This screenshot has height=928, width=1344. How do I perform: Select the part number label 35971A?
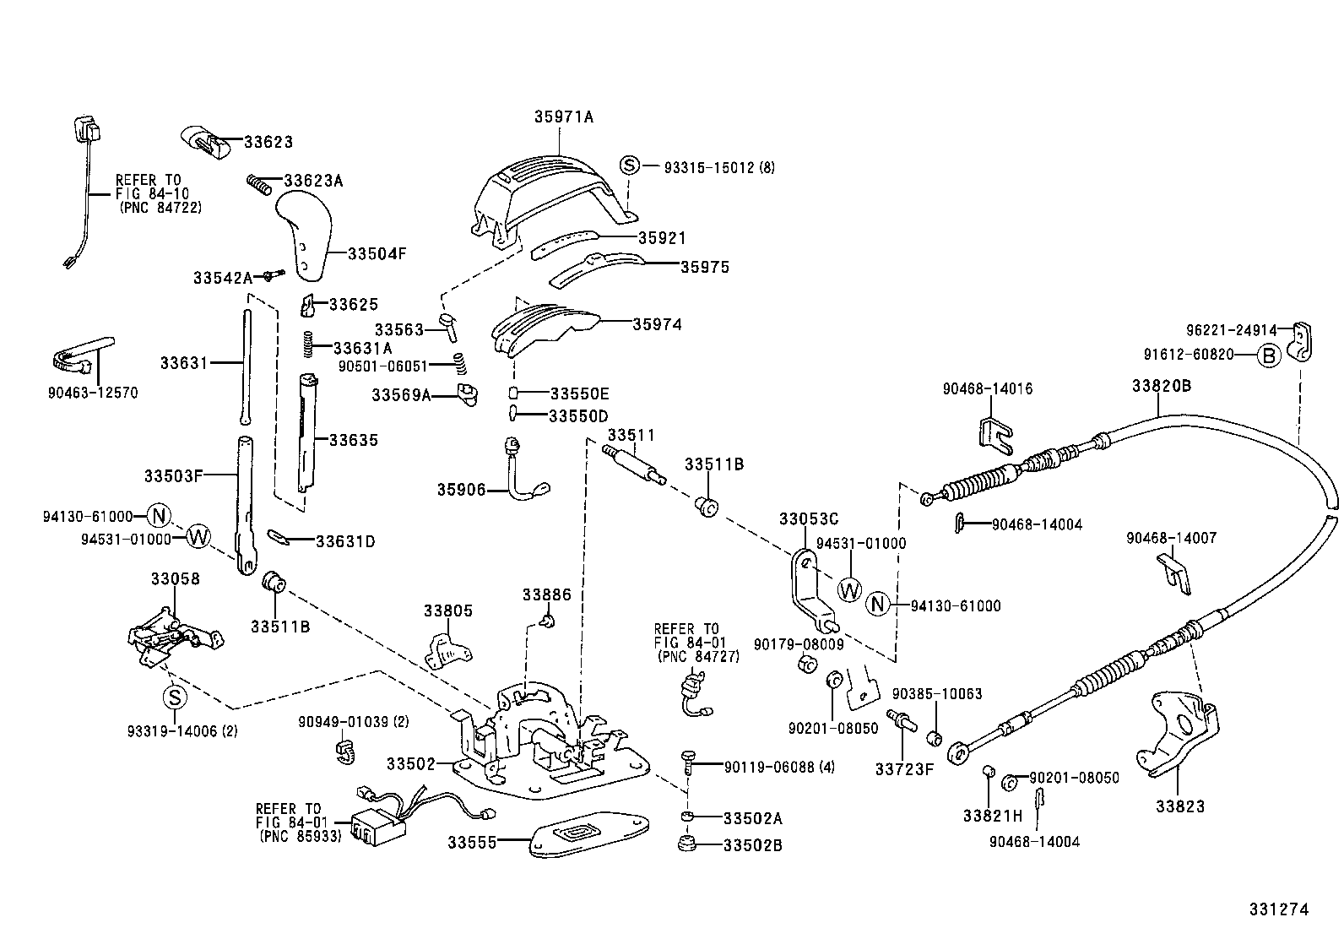563,117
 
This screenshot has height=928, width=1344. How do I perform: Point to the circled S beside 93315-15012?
630,166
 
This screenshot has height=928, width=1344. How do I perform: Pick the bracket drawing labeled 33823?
1179,734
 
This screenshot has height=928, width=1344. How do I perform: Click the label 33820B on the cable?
1161,386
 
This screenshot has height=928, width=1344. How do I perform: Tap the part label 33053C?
809,518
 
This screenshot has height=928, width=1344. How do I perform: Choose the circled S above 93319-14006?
173,697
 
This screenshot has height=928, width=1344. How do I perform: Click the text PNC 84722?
160,207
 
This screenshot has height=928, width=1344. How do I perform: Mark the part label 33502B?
752,844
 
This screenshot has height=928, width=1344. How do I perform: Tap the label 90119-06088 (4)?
779,767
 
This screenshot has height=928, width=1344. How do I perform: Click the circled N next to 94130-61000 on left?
158,515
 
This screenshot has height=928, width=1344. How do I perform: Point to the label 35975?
705,267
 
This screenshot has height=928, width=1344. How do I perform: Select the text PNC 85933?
300,836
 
